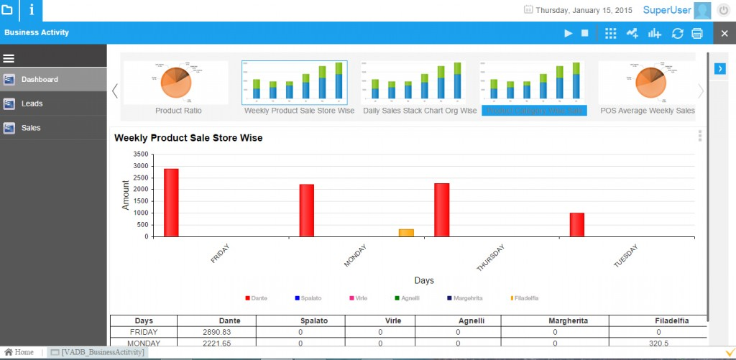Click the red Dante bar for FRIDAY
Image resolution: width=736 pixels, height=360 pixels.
(x=171, y=203)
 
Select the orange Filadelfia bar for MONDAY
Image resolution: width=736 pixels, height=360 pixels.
(x=406, y=233)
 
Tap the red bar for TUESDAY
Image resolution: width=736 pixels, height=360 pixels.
(x=577, y=224)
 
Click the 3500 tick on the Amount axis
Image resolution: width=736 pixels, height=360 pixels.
(x=140, y=154)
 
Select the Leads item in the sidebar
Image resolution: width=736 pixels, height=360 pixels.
(x=32, y=103)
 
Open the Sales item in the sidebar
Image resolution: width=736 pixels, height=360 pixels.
(x=31, y=128)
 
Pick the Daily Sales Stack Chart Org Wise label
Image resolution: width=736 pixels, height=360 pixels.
(x=419, y=111)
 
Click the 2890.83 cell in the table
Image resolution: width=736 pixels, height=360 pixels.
(x=217, y=333)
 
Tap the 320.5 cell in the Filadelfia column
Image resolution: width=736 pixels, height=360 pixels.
(x=658, y=343)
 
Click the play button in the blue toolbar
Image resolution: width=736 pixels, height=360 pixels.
(x=568, y=33)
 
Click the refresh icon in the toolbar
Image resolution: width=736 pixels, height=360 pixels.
(x=677, y=33)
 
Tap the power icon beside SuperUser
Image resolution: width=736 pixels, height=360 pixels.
(x=723, y=10)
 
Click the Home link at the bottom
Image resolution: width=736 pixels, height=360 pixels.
(x=19, y=352)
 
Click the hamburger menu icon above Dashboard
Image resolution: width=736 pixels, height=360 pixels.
(x=9, y=58)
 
